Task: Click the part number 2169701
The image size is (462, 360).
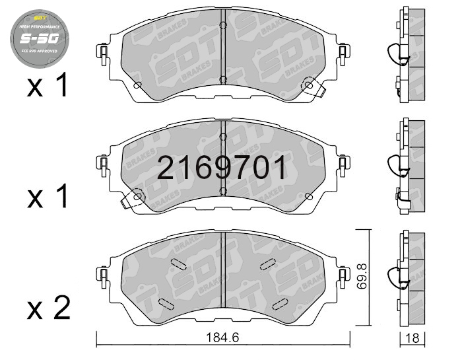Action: point(222,168)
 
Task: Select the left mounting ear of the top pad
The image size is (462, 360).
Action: point(103,54)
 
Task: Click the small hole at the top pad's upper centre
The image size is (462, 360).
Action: point(224,26)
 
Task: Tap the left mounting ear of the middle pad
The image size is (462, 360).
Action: point(103,163)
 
